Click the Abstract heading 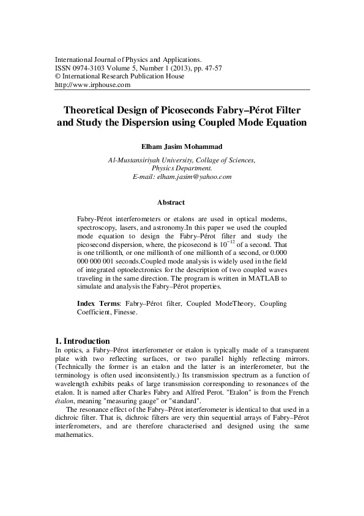171,202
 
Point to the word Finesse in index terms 124,312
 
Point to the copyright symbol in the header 58,77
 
